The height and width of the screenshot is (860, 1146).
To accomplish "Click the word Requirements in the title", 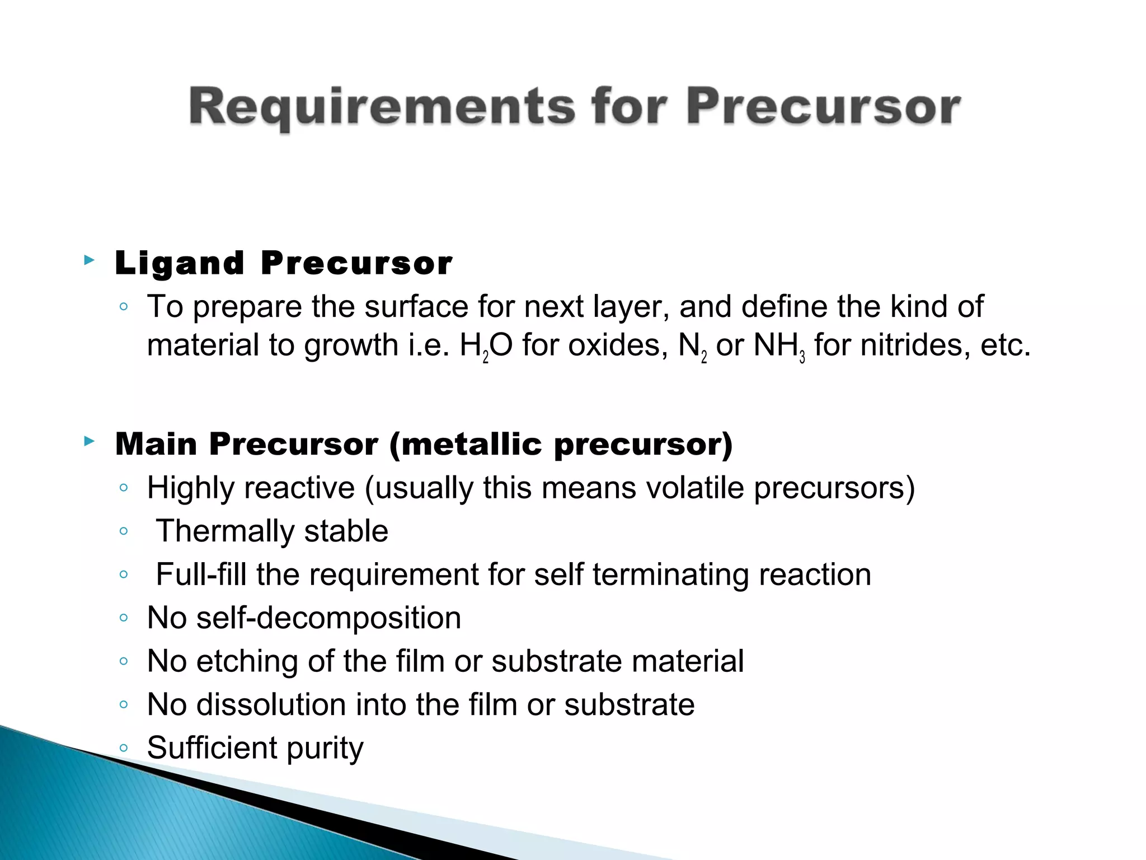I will coord(382,107).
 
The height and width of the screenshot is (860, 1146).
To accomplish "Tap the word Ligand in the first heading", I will coord(180,263).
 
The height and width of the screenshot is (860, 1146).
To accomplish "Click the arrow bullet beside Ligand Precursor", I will coord(89,260).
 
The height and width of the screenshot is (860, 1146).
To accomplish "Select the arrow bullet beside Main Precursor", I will coord(89,441).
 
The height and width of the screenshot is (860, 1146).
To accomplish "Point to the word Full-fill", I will coord(201,574).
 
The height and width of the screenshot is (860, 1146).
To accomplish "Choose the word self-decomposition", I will coord(328,618).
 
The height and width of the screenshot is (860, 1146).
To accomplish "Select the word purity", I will coord(325,749).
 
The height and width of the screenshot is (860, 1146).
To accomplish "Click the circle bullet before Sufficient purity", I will coord(124,747).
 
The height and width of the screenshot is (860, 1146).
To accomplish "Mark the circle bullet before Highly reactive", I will coord(124,488).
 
